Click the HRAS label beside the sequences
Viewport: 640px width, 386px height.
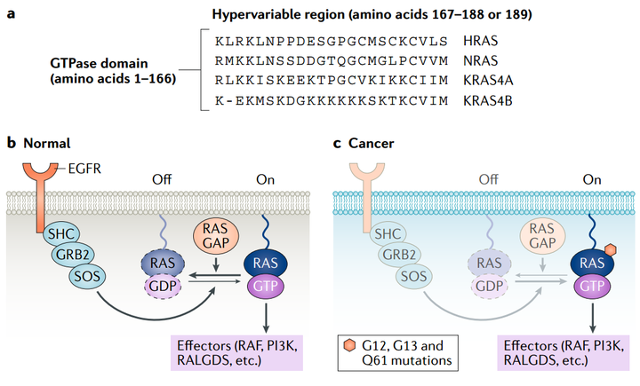coord(480,41)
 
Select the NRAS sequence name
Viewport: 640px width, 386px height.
coord(480,60)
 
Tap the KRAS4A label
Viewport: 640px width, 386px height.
coord(488,80)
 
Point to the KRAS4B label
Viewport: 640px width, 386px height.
coord(488,100)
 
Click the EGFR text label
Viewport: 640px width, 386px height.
coord(84,169)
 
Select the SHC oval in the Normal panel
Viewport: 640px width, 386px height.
coord(61,234)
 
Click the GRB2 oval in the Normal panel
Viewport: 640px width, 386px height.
coord(73,255)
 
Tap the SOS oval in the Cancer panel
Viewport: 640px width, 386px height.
coord(414,276)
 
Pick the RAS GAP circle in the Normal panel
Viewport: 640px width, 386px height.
coord(215,236)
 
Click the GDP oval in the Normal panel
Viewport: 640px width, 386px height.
coord(163,286)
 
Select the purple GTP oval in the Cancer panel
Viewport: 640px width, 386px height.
coord(592,286)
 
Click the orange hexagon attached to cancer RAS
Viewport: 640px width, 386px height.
coord(610,249)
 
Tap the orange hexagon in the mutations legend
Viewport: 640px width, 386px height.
coord(350,346)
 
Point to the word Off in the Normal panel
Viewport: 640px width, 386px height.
coord(162,179)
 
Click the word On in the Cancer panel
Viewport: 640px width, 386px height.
coord(592,179)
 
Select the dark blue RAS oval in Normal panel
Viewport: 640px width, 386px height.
coord(265,263)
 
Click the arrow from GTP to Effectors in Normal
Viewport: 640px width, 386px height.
coord(266,316)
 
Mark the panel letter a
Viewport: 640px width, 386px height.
coord(11,14)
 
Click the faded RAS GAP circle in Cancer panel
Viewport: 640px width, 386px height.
coord(542,236)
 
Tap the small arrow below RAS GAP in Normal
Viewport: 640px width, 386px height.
coord(216,264)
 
